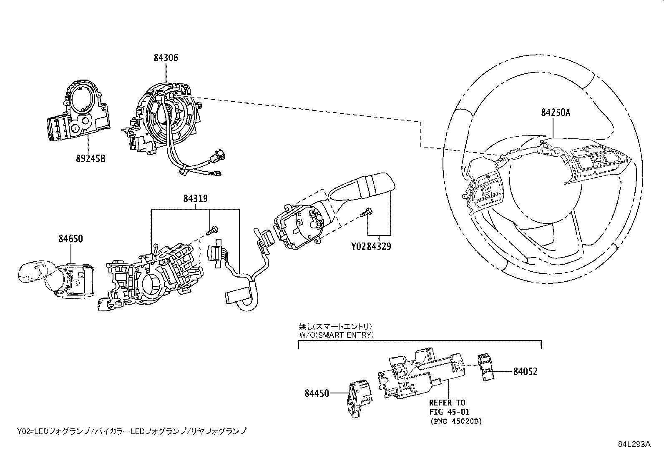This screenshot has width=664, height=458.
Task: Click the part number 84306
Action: click(166, 58)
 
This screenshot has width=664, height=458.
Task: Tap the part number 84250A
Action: click(555, 112)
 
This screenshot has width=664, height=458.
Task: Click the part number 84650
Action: click(70, 239)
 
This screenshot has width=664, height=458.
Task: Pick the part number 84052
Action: click(525, 371)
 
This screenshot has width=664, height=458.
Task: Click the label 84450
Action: click(317, 393)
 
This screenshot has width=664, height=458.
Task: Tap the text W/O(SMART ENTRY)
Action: click(336, 335)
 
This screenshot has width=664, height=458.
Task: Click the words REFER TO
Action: click(447, 403)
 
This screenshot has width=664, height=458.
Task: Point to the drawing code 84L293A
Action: click(634, 444)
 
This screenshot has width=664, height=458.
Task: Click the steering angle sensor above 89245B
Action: click(79, 113)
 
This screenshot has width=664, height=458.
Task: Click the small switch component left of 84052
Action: click(485, 367)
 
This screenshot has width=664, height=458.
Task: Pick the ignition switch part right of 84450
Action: click(421, 375)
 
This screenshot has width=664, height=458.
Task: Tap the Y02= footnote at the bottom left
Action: click(132, 431)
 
